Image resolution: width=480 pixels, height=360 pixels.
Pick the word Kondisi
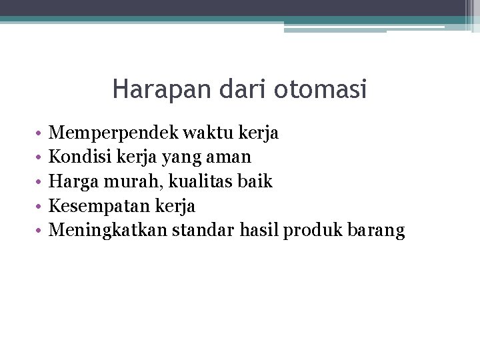click(79, 157)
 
